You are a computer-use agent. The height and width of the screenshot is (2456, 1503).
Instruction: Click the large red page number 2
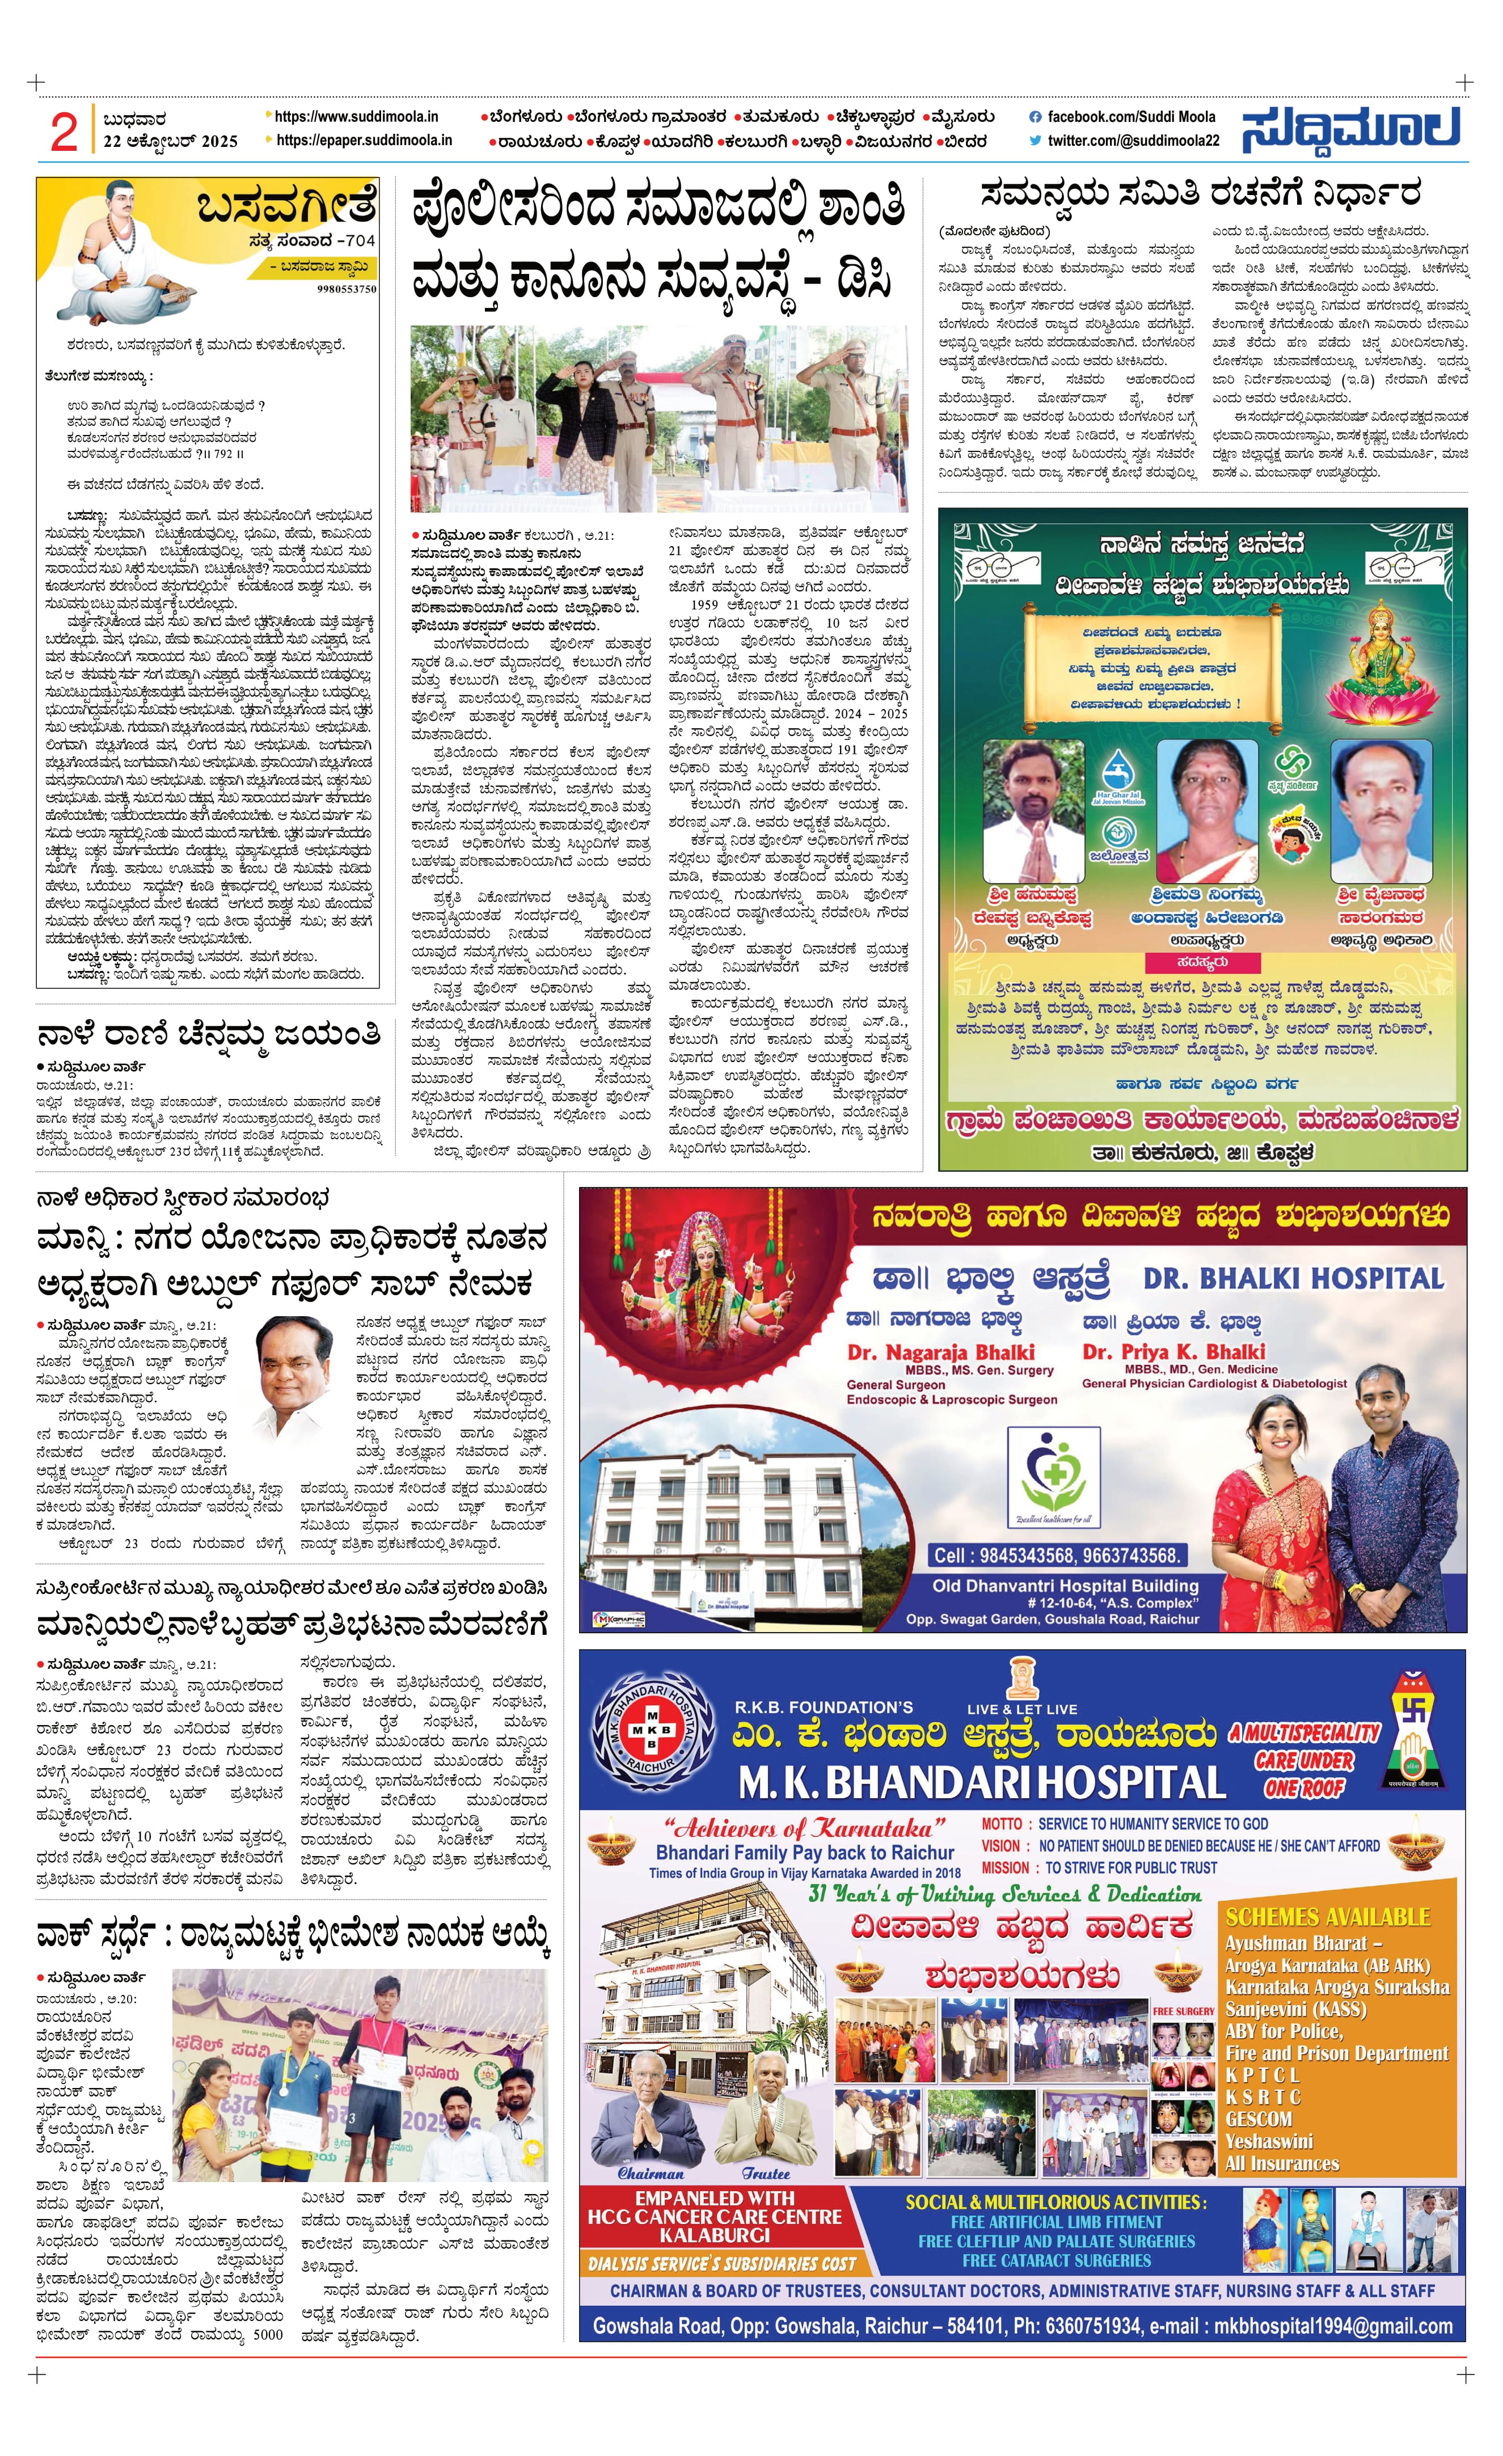(63, 130)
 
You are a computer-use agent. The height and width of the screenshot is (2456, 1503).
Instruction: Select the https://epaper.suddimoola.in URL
(364, 141)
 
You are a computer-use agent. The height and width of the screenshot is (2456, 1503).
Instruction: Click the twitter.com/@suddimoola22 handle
(1132, 141)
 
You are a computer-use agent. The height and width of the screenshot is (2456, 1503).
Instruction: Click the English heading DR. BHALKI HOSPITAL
(1294, 1279)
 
